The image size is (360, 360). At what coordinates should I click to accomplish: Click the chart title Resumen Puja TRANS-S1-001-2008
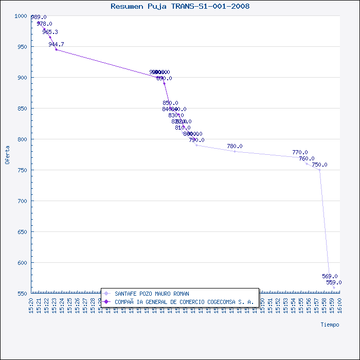coord(180,6)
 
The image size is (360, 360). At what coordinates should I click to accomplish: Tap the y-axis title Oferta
coord(7,154)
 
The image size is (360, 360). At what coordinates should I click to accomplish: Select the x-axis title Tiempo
coord(330,325)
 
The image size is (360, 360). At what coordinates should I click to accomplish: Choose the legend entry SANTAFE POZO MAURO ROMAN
coord(152,294)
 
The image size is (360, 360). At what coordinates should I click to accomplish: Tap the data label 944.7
coord(56,45)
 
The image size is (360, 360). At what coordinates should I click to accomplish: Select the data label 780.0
coord(235,147)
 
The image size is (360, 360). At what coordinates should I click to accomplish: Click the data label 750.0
coord(319,165)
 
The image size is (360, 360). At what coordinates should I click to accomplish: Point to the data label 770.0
coord(300,153)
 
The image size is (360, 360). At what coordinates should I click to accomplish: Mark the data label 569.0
coord(330,276)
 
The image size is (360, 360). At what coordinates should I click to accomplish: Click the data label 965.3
coord(50,32)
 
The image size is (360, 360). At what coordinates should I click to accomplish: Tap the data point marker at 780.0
coord(235,151)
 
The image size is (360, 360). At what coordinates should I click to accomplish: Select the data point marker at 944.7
coord(56,49)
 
